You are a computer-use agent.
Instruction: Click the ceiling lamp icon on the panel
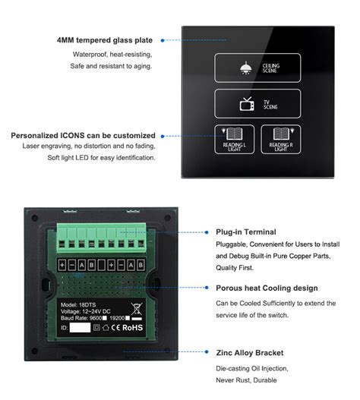(245, 68)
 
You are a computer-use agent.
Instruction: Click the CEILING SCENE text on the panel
(270, 68)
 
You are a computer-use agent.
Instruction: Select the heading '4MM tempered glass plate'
(105, 40)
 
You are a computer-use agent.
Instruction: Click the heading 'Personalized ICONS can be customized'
(83, 136)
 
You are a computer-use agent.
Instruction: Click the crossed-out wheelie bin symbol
(137, 310)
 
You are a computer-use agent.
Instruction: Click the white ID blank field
(80, 329)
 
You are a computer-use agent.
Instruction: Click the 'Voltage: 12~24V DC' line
(89, 310)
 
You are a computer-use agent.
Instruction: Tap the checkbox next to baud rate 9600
(107, 319)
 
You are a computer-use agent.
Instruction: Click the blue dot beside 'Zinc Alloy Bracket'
(207, 353)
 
